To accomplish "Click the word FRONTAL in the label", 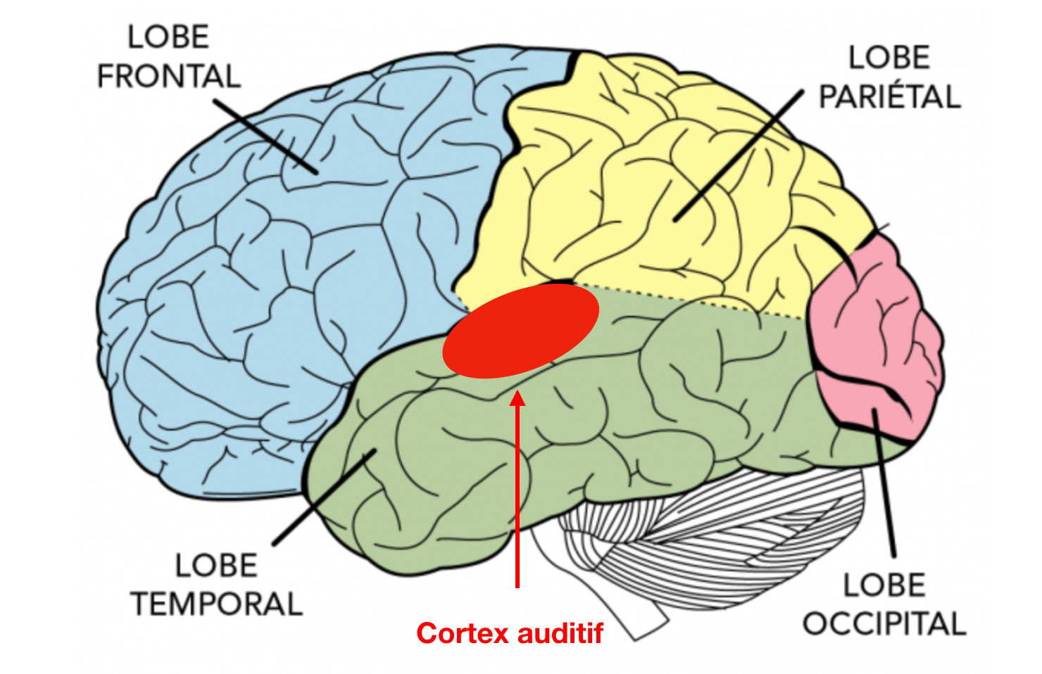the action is (169, 76).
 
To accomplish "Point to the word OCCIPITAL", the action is (884, 623).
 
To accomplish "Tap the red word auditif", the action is (560, 632).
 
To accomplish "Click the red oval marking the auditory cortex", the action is (520, 331).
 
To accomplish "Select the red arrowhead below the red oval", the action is (517, 398).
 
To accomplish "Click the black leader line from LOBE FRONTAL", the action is (265, 136).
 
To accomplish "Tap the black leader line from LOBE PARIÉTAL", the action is (739, 155).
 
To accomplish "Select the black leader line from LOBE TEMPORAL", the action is (325, 497).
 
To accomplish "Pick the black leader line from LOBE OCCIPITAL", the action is (884, 483).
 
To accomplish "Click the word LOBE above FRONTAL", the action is (168, 37).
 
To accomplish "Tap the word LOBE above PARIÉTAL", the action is (889, 58).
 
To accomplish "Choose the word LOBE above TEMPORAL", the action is (216, 566).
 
